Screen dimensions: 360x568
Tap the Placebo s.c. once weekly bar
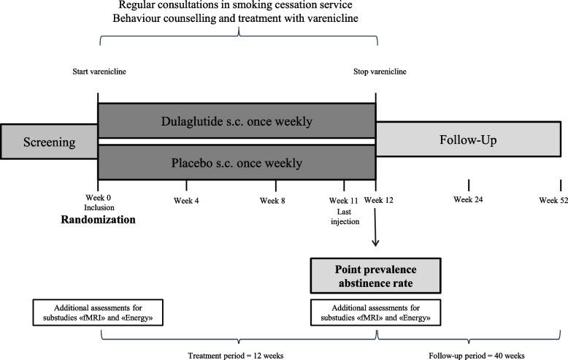tap(237, 163)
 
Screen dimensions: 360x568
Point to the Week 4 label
tap(187, 201)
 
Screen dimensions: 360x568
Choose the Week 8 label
tap(272, 201)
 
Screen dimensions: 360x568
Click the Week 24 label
tap(468, 200)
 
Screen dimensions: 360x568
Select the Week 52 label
tap(553, 200)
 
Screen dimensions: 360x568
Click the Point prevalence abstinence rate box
tap(375, 275)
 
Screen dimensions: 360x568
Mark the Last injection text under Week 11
tap(344, 216)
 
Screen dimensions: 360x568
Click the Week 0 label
tap(98, 201)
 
